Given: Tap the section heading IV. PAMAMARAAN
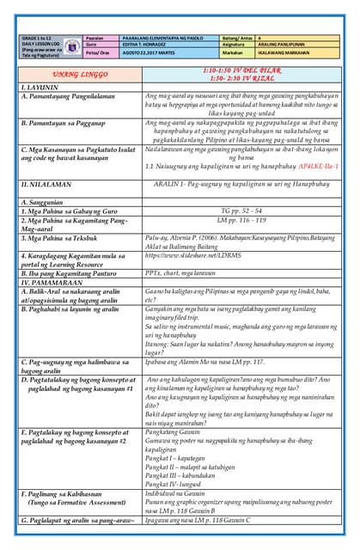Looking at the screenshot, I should tap(52, 281).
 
